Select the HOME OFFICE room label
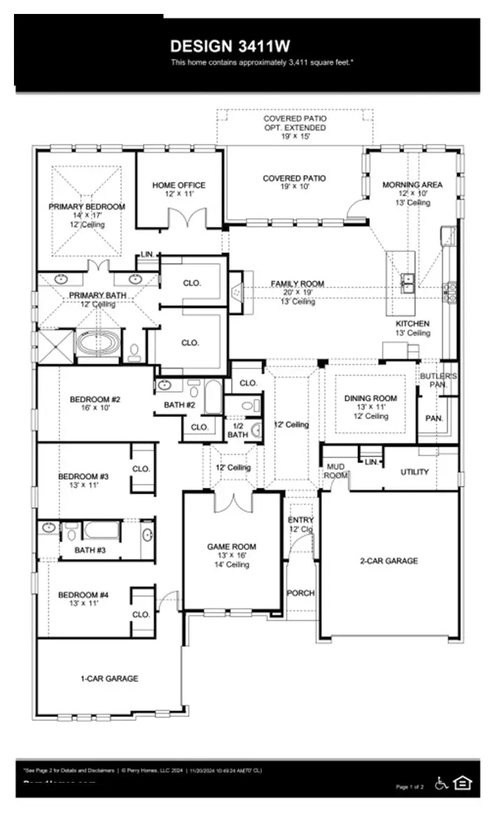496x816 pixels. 179,185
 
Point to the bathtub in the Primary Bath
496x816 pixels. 97,343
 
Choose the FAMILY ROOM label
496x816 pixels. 297,284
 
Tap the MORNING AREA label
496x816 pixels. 412,185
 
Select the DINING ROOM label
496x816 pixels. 370,398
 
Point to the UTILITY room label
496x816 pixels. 415,472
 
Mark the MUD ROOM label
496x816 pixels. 336,471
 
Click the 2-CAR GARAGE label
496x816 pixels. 388,561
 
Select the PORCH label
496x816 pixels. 300,593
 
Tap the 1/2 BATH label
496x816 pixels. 237,430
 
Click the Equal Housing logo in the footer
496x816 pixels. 463,783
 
